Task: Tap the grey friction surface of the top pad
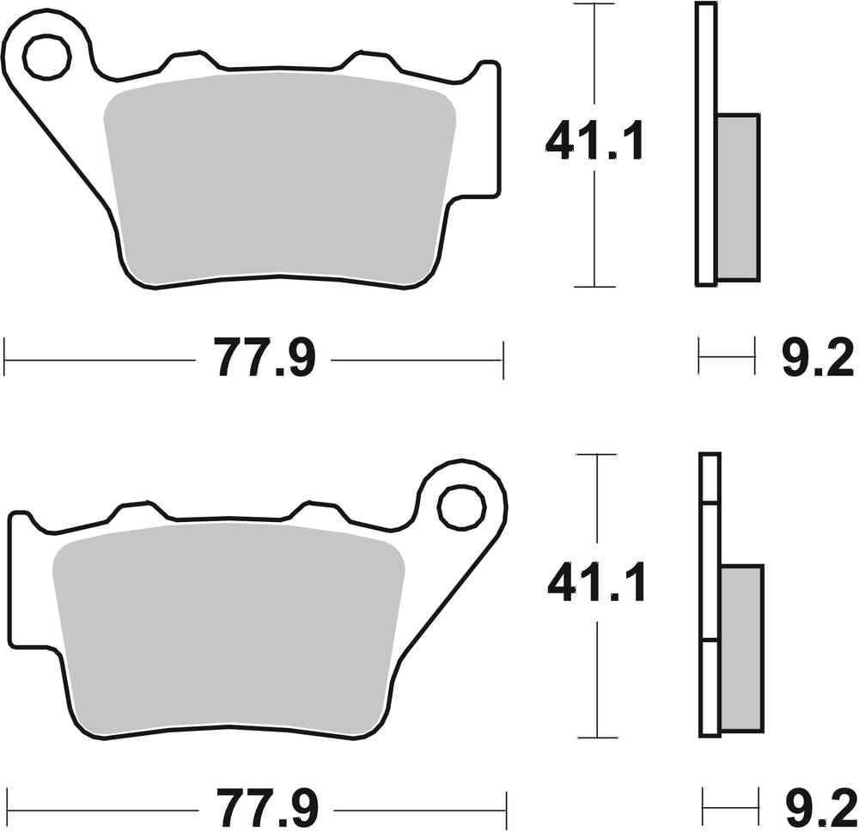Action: (x=279, y=176)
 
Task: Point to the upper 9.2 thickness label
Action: (x=816, y=360)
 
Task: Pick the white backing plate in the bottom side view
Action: (x=710, y=592)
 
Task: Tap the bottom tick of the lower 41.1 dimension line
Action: (x=595, y=738)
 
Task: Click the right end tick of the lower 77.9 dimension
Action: (x=505, y=808)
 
